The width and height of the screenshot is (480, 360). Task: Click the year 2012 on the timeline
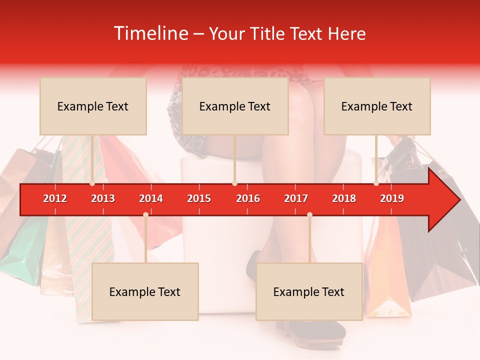click(x=55, y=198)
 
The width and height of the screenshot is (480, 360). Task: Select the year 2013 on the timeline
click(x=103, y=198)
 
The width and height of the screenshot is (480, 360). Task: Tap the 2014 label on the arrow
click(x=151, y=198)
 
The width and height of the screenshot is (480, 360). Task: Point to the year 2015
click(x=199, y=198)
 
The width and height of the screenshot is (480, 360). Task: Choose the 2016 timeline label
click(x=248, y=198)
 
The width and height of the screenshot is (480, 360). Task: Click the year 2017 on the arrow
click(x=296, y=198)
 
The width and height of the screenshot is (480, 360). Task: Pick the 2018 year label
click(x=344, y=198)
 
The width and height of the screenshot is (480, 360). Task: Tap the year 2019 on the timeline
click(x=392, y=198)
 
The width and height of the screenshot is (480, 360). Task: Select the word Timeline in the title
click(x=150, y=33)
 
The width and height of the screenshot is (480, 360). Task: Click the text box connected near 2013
click(x=93, y=106)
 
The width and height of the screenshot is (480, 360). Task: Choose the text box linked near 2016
click(x=235, y=106)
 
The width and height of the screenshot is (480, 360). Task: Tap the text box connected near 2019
click(x=377, y=106)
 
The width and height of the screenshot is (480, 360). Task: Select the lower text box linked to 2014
click(x=145, y=291)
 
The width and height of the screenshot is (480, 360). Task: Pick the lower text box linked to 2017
click(x=309, y=291)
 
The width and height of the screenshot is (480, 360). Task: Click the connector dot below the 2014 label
click(x=145, y=214)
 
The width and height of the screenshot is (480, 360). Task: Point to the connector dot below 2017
click(x=309, y=214)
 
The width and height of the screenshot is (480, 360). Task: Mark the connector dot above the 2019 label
click(x=376, y=183)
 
